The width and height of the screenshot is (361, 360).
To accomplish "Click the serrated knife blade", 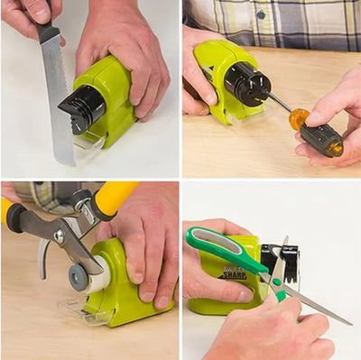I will point(57,99).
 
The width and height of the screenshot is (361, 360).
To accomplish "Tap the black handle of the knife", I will point(47,32).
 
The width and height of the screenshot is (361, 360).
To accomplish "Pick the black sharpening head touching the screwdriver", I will point(246,84).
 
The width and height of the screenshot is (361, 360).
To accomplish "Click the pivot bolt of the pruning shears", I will point(59,235).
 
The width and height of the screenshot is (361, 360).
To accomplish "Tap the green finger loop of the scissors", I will point(217,245).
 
